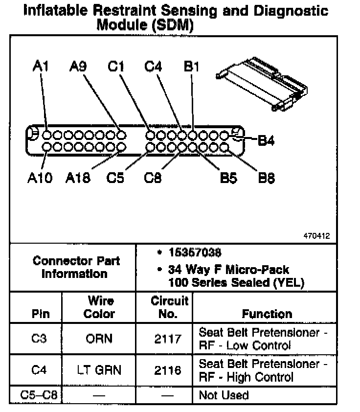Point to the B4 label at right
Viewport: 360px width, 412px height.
coord(266,141)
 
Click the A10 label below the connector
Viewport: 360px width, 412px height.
coord(40,178)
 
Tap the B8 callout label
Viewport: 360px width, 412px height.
coord(266,178)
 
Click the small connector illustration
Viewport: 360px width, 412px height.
coord(262,81)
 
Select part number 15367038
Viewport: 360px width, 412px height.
coord(195,253)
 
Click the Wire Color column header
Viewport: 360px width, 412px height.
coord(100,307)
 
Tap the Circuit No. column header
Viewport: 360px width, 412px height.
coord(169,307)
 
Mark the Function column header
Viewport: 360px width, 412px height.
coord(267,314)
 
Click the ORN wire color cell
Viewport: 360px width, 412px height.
coord(99,339)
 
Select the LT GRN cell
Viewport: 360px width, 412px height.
coord(99,370)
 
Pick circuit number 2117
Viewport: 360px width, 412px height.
coord(168,339)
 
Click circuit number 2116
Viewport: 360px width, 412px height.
coord(168,370)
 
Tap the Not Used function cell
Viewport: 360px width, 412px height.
coord(224,395)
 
